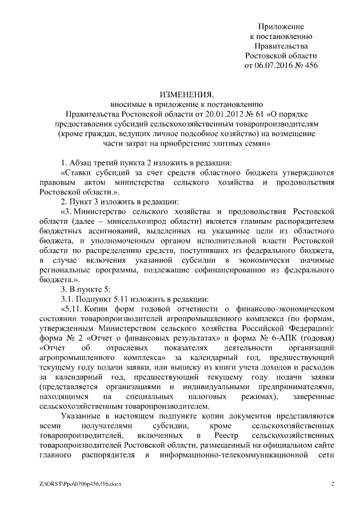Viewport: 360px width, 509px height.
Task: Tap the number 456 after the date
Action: coord(310,65)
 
